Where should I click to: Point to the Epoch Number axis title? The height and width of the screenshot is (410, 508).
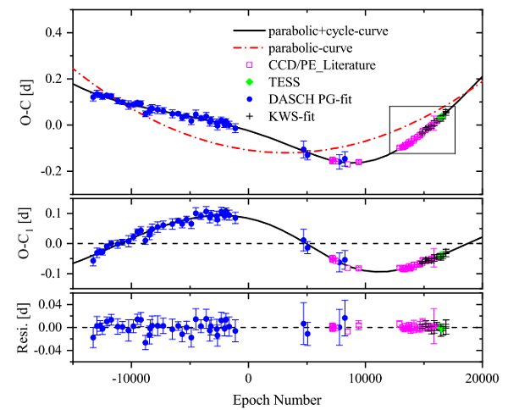(280, 395)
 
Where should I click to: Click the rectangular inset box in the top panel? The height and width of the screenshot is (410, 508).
(422, 130)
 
